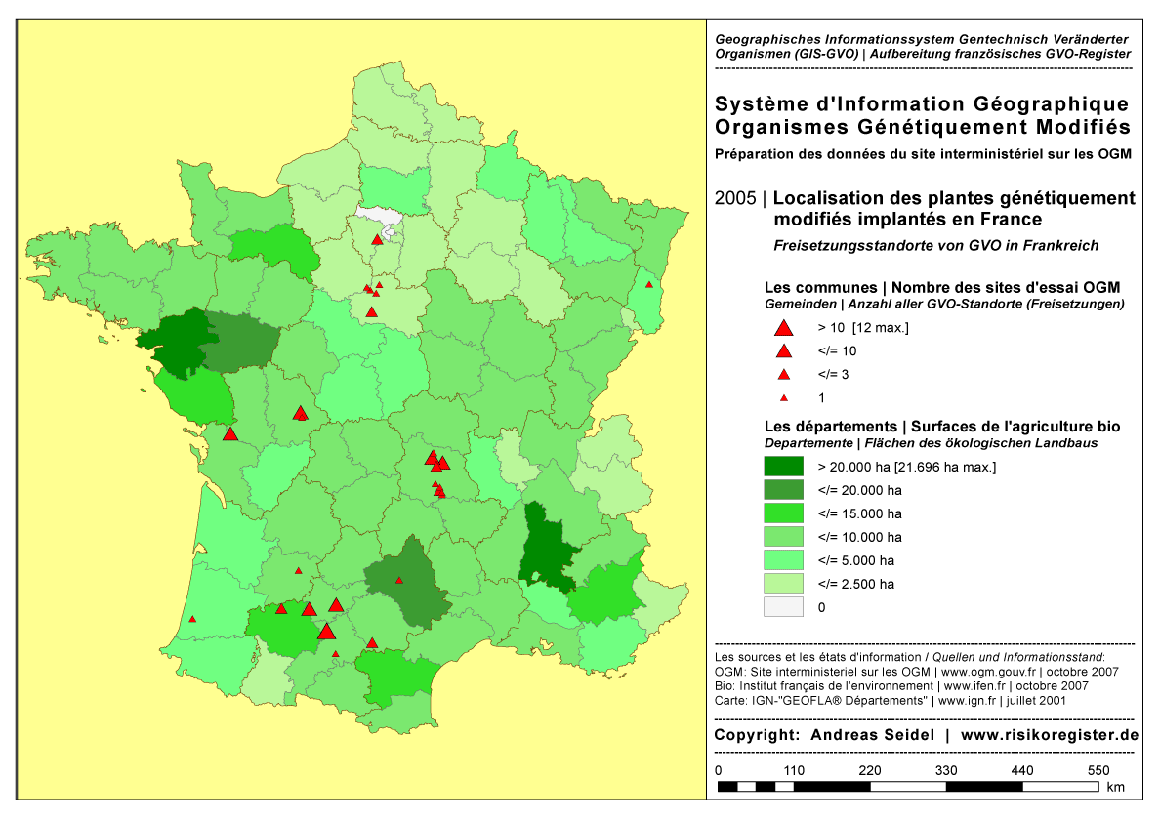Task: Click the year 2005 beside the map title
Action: point(735,198)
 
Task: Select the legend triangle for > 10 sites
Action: point(782,328)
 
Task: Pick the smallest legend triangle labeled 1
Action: point(782,398)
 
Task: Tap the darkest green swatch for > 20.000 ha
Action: point(782,467)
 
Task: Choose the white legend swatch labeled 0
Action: point(782,607)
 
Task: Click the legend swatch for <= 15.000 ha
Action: point(782,513)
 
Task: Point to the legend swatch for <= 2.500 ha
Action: point(782,584)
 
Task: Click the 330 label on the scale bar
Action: point(946,770)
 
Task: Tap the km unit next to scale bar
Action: point(1115,787)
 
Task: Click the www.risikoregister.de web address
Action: point(1050,735)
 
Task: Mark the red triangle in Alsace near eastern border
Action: point(648,285)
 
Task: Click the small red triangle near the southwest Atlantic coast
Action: point(192,619)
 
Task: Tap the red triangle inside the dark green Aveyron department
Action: point(398,580)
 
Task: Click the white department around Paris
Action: point(381,215)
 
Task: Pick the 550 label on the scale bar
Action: point(1098,770)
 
